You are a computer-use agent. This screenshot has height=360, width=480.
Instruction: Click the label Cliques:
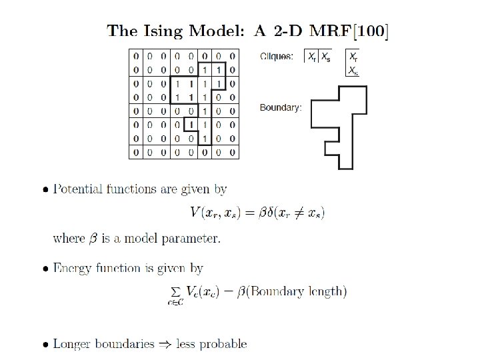276,57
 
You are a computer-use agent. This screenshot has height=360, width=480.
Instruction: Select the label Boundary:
280,107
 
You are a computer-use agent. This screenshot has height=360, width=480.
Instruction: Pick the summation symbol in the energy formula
176,291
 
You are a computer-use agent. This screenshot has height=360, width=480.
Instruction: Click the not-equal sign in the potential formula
288,213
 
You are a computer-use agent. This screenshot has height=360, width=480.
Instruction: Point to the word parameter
195,238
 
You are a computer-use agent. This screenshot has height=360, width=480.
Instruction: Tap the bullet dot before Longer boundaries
44,345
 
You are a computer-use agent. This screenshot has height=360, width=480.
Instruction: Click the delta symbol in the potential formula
253,213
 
